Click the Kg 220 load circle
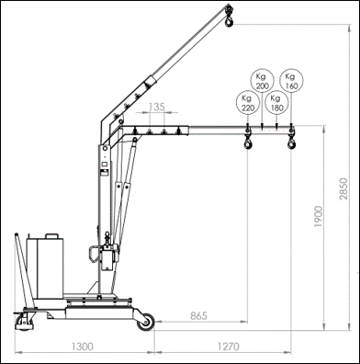tap(247, 103)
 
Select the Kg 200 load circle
tap(262, 81)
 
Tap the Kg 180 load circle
tap(276, 103)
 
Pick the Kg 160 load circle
tap(291, 80)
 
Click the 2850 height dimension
tap(343, 188)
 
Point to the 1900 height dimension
tap(319, 216)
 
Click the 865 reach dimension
tap(198, 315)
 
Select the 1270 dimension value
tap(229, 347)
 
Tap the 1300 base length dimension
tap(83, 347)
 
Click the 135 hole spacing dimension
tap(157, 107)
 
